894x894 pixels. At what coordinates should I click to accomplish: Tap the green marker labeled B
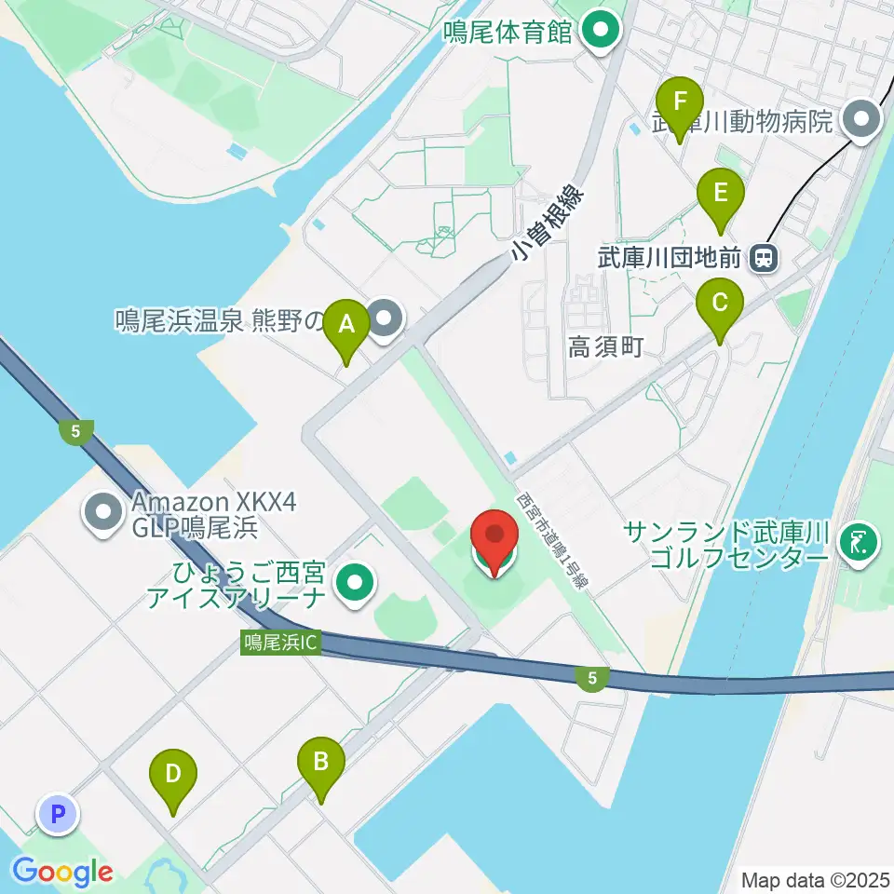point(320,765)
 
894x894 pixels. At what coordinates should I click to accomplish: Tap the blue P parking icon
point(58,816)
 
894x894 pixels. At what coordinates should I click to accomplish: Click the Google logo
point(62,872)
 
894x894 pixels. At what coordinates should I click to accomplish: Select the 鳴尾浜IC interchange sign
point(280,643)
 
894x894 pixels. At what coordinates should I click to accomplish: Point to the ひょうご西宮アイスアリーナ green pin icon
point(355,583)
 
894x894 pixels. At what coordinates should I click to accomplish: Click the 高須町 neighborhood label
point(606,348)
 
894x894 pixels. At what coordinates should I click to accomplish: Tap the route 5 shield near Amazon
point(75,431)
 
